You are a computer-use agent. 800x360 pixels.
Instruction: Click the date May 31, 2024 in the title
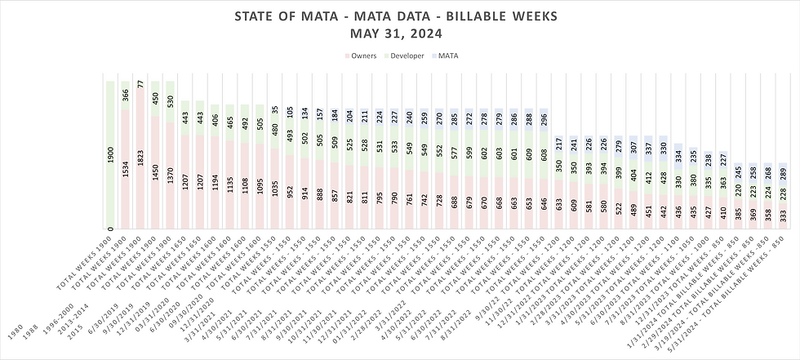[x=400, y=33]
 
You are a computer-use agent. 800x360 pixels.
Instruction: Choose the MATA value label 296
[x=543, y=118]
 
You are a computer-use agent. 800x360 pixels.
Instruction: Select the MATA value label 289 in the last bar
[x=784, y=173]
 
